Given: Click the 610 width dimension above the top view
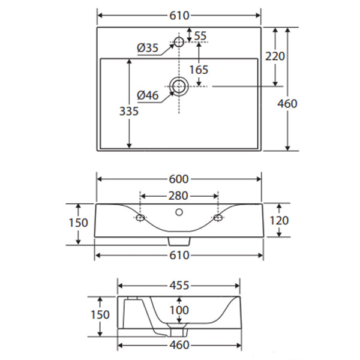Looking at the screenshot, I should pos(179,14).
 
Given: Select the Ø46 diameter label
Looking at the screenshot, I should pos(147,94).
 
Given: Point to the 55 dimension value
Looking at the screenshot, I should pos(200,36).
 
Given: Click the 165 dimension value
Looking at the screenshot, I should pos(199,70).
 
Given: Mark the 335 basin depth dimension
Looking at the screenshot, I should pos(129,111).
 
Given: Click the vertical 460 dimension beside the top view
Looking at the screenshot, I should pos(287,103).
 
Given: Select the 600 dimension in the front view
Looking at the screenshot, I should pos(179,179).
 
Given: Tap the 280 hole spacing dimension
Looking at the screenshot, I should pos(179,196).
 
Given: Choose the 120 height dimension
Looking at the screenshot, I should pos(279,220).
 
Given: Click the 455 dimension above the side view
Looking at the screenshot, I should pos(178,286).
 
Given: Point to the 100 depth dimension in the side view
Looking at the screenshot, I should pos(179,310).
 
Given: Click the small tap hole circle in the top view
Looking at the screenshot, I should pos(178,42).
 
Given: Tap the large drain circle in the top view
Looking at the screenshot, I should pos(178,86).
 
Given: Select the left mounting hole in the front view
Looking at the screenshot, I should pos(140,217).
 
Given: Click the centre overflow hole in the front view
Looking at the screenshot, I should pos(179,211).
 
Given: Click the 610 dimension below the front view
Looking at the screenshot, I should pos(179,256).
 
